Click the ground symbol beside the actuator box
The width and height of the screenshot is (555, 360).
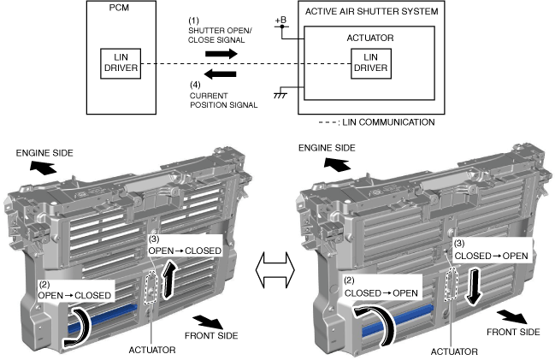(x=278, y=94)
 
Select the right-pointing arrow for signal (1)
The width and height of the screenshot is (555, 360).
(x=221, y=52)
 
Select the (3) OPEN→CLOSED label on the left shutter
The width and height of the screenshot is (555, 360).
(x=185, y=245)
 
